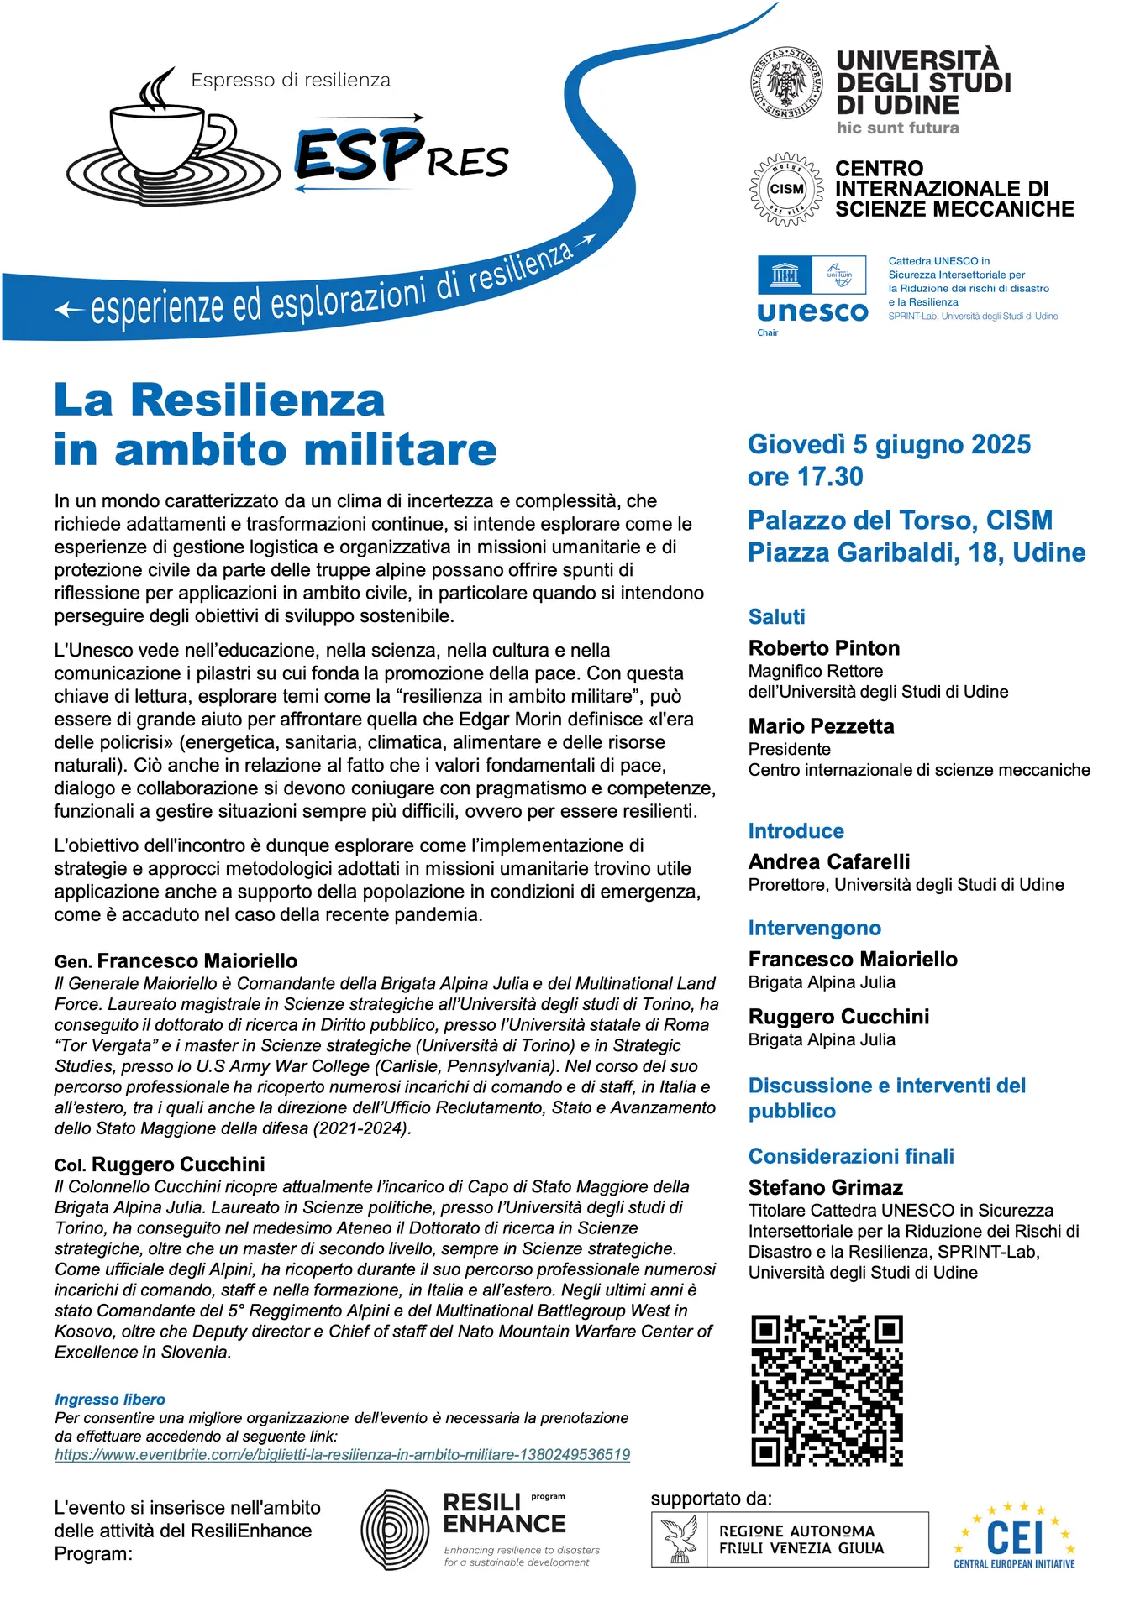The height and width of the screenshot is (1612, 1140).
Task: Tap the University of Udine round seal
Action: (785, 83)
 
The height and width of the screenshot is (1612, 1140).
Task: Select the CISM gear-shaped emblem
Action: (786, 189)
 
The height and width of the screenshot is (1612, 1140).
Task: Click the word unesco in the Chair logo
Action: (812, 311)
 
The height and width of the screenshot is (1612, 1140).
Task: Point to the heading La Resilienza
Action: (219, 400)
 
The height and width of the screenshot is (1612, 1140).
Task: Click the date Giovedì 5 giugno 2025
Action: (889, 444)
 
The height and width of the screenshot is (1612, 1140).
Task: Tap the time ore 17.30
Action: (805, 477)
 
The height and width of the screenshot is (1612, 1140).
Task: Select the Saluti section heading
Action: (776, 617)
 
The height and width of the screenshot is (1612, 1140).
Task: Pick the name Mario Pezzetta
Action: (821, 726)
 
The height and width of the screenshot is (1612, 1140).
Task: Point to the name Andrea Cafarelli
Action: (828, 861)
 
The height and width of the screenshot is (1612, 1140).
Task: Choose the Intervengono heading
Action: (814, 928)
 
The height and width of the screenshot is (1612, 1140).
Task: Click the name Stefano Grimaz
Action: (825, 1187)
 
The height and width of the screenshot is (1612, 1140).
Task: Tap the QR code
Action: (827, 1390)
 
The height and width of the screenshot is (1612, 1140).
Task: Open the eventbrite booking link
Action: (342, 1455)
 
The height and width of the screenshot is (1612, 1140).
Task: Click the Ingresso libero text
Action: (110, 1400)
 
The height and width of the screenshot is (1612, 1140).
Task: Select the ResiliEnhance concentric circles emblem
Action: (395, 1531)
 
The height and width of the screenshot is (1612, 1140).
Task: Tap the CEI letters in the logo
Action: (1014, 1536)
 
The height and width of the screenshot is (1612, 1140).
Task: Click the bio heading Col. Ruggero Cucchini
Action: (160, 1165)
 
